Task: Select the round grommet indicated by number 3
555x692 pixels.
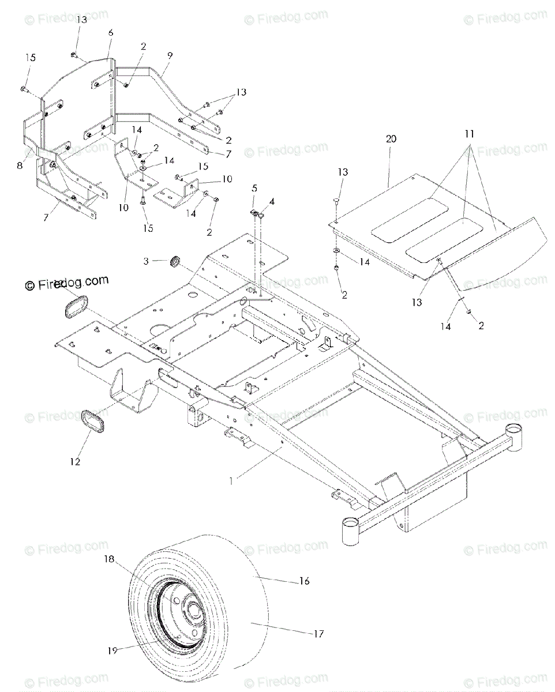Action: (173, 262)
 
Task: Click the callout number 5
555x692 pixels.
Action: (254, 189)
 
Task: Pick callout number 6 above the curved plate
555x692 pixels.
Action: (110, 33)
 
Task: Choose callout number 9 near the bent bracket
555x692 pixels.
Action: (170, 56)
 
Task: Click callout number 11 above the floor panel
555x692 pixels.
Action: (470, 133)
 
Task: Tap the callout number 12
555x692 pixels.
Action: (74, 461)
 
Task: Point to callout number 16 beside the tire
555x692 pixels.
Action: (305, 581)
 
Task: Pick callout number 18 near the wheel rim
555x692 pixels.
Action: (109, 559)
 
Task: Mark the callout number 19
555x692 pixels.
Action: (111, 650)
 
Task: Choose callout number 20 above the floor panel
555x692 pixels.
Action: (392, 139)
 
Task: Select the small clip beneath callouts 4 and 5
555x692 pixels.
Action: (257, 214)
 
